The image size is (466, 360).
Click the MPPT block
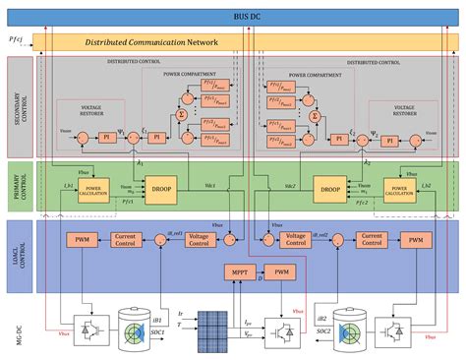point(240,271)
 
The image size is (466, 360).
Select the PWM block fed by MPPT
point(281,271)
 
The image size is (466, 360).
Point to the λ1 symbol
point(142,162)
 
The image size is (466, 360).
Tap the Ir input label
point(181,313)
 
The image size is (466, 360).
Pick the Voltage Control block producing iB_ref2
point(296,239)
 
